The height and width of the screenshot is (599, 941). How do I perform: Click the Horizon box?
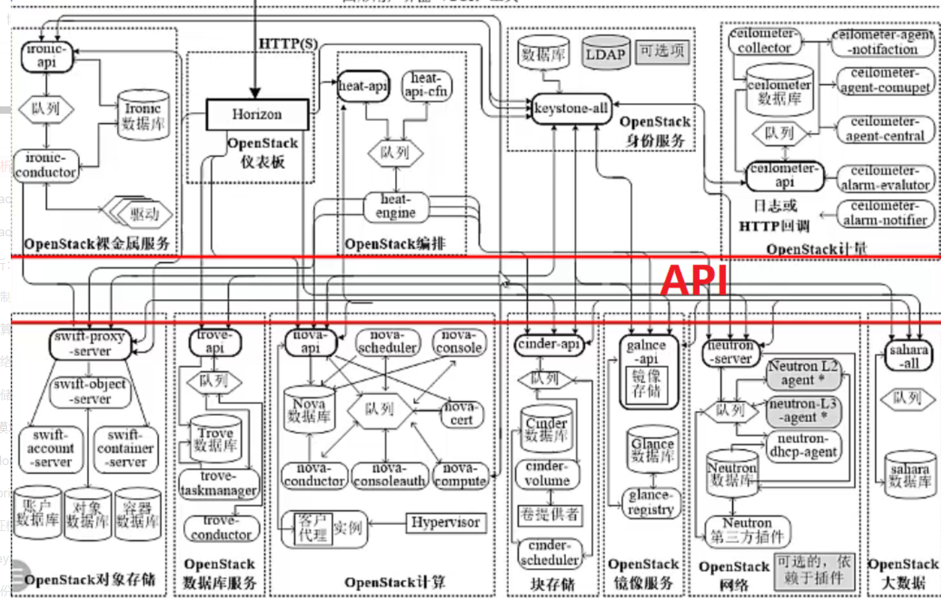click(x=256, y=114)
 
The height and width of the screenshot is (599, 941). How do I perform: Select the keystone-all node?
click(x=571, y=108)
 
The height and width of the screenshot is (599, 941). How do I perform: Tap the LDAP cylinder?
click(x=605, y=54)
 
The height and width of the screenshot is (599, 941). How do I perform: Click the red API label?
click(x=694, y=281)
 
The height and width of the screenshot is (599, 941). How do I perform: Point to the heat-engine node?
click(x=396, y=207)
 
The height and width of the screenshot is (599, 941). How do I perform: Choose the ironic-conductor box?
click(x=46, y=166)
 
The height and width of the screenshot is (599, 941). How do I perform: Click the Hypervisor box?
click(x=446, y=523)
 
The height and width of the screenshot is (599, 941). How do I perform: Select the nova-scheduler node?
click(x=387, y=342)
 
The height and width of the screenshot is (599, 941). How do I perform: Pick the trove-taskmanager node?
click(x=219, y=484)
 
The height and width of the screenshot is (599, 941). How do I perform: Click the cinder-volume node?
click(x=547, y=474)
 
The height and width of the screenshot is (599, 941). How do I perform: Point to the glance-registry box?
click(x=650, y=503)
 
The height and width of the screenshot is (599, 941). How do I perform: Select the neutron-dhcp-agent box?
click(x=803, y=446)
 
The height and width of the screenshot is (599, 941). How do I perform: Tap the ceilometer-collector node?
click(x=764, y=41)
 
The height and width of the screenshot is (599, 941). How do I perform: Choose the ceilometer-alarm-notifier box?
click(x=885, y=213)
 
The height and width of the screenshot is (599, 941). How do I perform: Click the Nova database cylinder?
click(x=309, y=410)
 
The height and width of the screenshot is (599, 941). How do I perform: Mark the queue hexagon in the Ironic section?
click(x=46, y=108)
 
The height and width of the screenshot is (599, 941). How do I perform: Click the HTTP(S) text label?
click(x=288, y=44)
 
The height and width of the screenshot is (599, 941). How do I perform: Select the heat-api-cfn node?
click(x=426, y=85)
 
